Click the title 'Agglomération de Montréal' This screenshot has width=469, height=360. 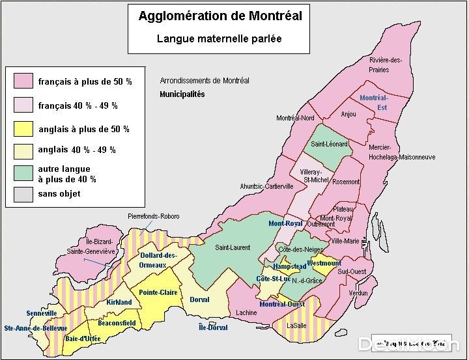pyautogui.click(x=220, y=16)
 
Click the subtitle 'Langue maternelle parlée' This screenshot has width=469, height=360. pyautogui.click(x=219, y=38)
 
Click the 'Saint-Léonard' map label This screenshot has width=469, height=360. pyautogui.click(x=329, y=144)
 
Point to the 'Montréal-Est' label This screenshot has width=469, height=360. pyautogui.click(x=374, y=103)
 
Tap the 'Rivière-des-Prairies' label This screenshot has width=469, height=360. pyautogui.click(x=385, y=65)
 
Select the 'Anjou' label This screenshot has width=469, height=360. pyautogui.click(x=348, y=114)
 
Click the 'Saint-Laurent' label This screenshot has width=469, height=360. pyautogui.click(x=233, y=247)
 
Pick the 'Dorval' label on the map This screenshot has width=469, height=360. pyautogui.click(x=199, y=300)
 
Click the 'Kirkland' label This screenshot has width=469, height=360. pyautogui.click(x=119, y=302)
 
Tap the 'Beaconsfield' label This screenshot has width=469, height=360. pyautogui.click(x=117, y=323)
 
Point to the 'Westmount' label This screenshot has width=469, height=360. pyautogui.click(x=324, y=263)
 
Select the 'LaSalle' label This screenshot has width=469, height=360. pyautogui.click(x=297, y=325)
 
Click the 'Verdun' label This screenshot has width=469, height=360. pyautogui.click(x=358, y=294)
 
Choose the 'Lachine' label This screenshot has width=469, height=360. pyautogui.click(x=246, y=313)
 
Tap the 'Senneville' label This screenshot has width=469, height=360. pyautogui.click(x=42, y=313)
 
